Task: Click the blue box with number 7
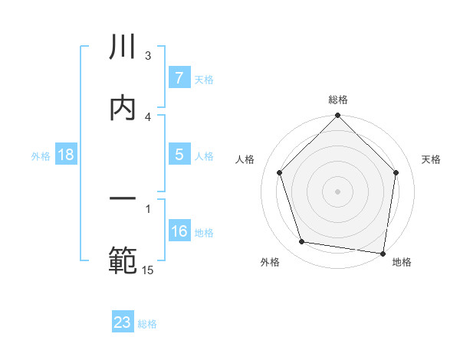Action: point(179,78)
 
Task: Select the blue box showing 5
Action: point(179,154)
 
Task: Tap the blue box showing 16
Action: point(179,231)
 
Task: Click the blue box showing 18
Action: point(66,155)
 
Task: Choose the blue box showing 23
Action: point(123,322)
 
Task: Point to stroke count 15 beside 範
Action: point(149,270)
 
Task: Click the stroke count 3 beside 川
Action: point(148,56)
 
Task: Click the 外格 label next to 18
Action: point(41,155)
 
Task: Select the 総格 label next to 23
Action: point(147,323)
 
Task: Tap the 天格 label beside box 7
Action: point(204,79)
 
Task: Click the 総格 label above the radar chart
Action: point(338,100)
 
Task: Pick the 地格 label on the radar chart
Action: point(402,262)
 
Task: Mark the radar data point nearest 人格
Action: point(279,172)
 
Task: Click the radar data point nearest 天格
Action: point(396,172)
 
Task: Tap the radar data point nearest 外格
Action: point(302,242)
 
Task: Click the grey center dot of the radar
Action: point(337,191)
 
